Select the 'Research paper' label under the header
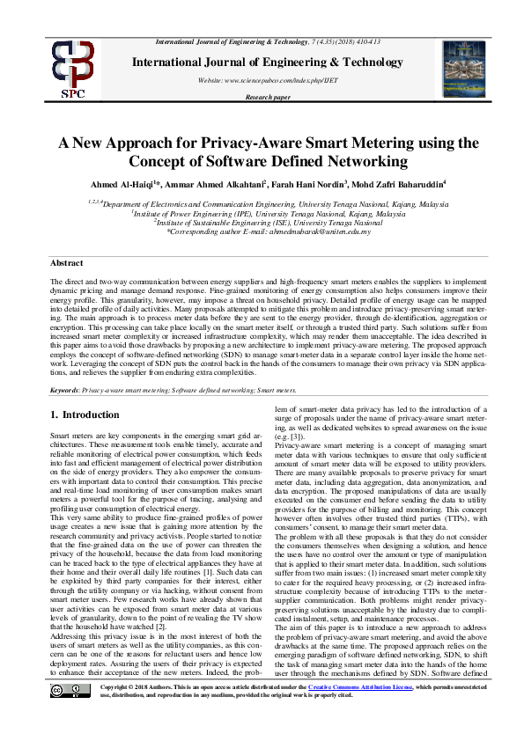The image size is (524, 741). [x=267, y=98]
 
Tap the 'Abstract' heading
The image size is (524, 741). [x=66, y=263]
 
